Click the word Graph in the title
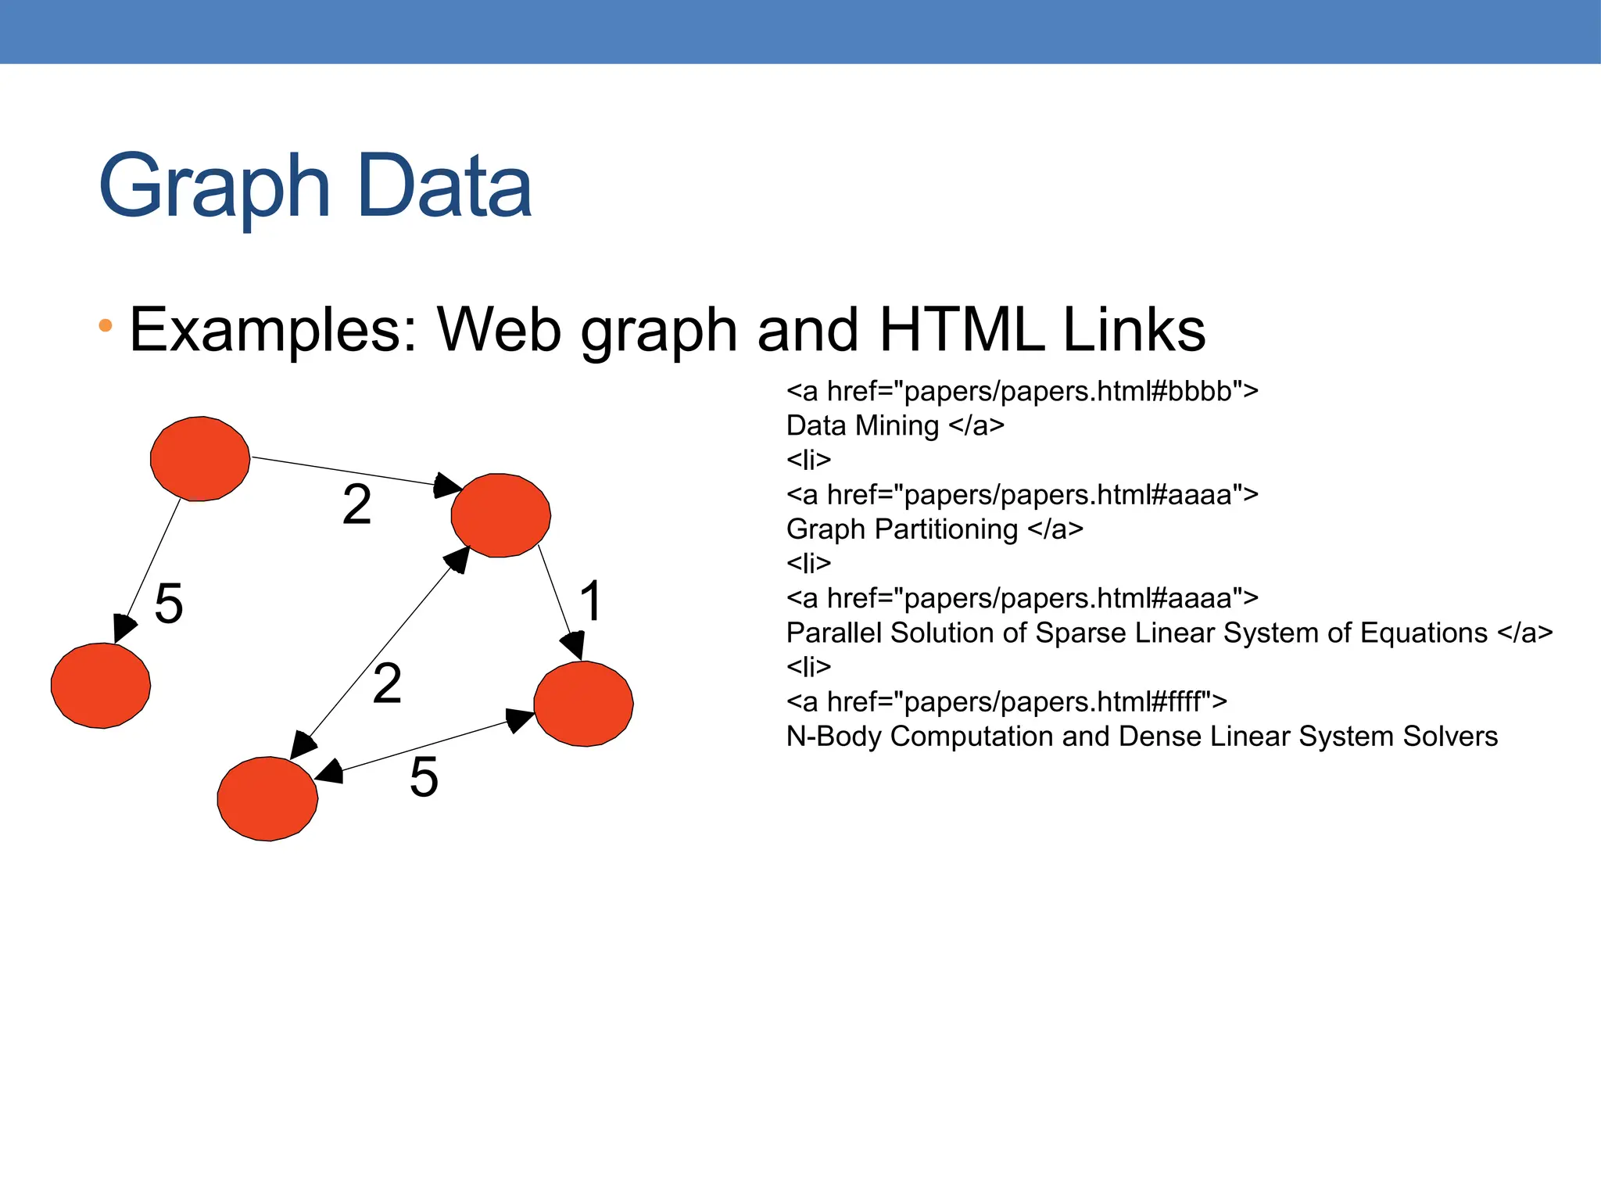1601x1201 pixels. (215, 188)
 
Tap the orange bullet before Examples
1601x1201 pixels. (106, 325)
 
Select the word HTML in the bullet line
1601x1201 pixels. (961, 330)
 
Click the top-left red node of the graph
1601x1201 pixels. (200, 459)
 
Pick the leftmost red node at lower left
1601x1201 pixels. (101, 686)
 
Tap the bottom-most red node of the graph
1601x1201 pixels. (267, 798)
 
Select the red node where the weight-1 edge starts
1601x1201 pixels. (501, 515)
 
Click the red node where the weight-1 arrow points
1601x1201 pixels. (583, 704)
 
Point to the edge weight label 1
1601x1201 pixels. (591, 601)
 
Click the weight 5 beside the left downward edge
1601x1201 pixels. (169, 604)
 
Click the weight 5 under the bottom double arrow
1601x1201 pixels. (424, 778)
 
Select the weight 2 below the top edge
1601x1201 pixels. (356, 505)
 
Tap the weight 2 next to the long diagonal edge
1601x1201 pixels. (387, 683)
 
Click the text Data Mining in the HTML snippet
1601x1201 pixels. (862, 425)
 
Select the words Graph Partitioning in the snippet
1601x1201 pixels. (902, 529)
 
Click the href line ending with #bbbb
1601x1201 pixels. (1022, 390)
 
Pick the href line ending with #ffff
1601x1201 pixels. (1006, 701)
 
